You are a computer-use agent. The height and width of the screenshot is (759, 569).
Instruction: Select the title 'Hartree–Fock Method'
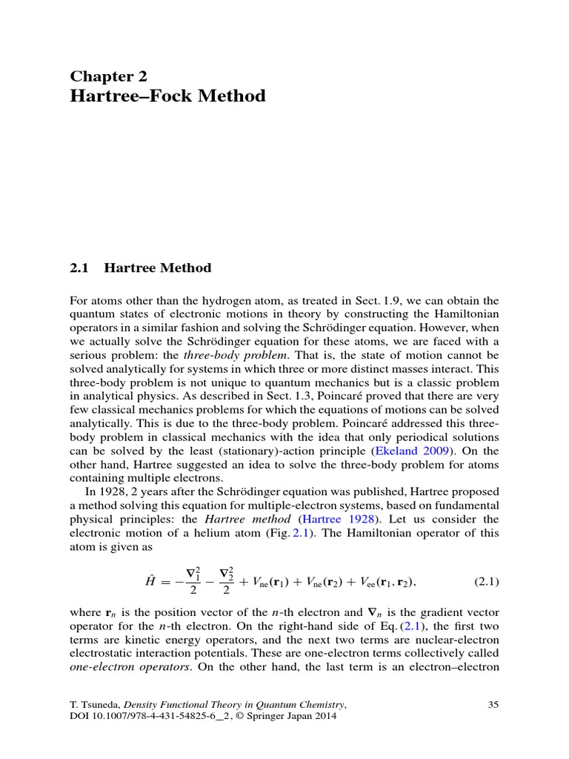point(167,96)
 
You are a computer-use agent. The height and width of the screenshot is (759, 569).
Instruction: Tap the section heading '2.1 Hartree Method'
point(141,268)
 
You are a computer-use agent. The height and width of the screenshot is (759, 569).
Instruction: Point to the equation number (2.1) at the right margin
point(486,582)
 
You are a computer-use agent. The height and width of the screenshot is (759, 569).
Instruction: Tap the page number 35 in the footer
point(493,704)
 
